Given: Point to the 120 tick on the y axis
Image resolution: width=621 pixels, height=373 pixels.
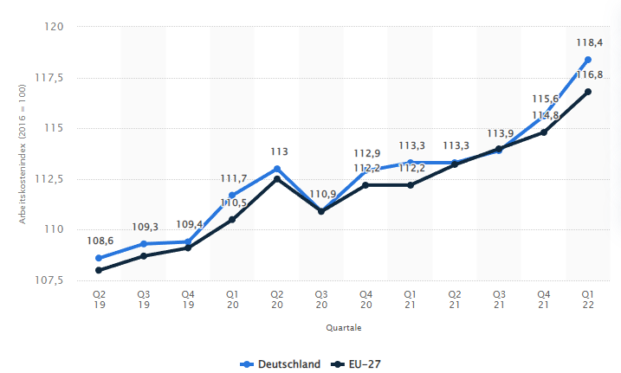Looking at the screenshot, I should click(x=55, y=27).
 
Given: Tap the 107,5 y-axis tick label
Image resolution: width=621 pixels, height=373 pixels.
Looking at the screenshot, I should click(x=50, y=280).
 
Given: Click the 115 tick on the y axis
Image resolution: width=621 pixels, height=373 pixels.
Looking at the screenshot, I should click(x=55, y=128).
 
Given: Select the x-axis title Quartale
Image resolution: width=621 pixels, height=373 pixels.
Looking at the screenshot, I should click(x=344, y=328).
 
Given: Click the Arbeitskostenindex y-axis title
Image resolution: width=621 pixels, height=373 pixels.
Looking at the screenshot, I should click(x=23, y=154).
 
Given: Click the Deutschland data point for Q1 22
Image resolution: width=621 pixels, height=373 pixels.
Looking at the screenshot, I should click(x=589, y=60).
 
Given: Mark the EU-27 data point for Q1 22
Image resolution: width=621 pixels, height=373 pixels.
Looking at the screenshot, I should click(x=589, y=92).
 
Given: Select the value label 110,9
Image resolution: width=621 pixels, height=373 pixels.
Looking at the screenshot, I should click(x=321, y=193).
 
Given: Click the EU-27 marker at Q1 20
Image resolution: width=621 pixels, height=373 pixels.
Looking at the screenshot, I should click(x=232, y=220).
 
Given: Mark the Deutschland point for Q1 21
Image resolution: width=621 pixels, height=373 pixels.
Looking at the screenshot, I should click(x=411, y=162).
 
